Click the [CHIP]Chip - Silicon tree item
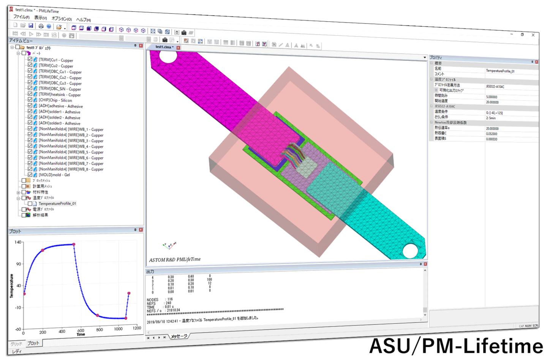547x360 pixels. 55,100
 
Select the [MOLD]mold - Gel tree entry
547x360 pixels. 54,175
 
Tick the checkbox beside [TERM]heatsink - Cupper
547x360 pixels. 30,93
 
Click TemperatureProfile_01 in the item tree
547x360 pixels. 57,204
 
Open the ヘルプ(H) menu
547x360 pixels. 83,20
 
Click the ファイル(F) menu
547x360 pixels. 21,17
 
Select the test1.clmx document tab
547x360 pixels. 164,47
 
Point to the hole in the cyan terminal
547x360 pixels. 410,251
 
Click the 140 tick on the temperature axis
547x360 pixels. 18,242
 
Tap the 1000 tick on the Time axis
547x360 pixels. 118,329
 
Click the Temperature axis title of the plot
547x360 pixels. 11,286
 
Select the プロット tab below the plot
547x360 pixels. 33,343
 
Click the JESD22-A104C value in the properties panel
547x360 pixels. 495,87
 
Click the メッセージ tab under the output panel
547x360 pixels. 179,336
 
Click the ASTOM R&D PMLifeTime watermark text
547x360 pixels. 175,260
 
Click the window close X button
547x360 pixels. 533,35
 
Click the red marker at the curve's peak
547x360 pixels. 74,245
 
